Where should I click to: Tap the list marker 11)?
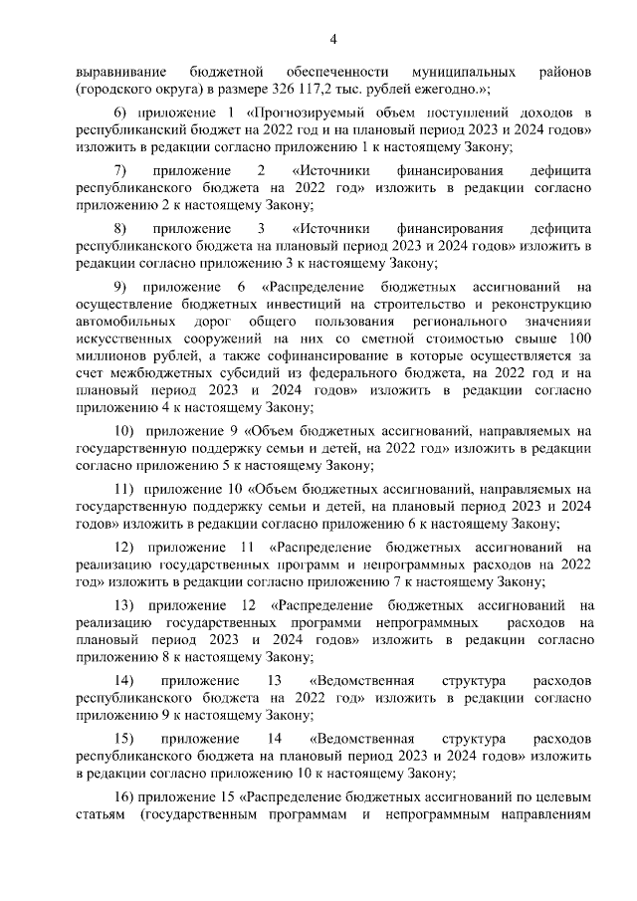tap(124, 490)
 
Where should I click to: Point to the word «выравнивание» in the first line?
tap(120, 73)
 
